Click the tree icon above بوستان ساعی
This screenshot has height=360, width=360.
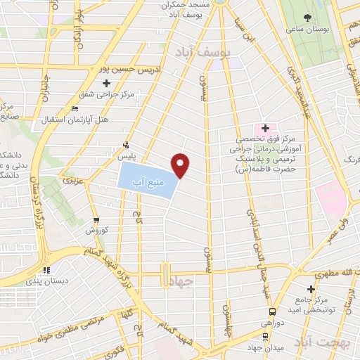307,18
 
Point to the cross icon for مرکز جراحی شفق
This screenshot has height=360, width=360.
106,84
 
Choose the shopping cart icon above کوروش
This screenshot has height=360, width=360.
96,221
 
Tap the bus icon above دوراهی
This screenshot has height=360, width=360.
271,311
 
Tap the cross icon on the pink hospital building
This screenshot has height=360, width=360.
265,128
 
